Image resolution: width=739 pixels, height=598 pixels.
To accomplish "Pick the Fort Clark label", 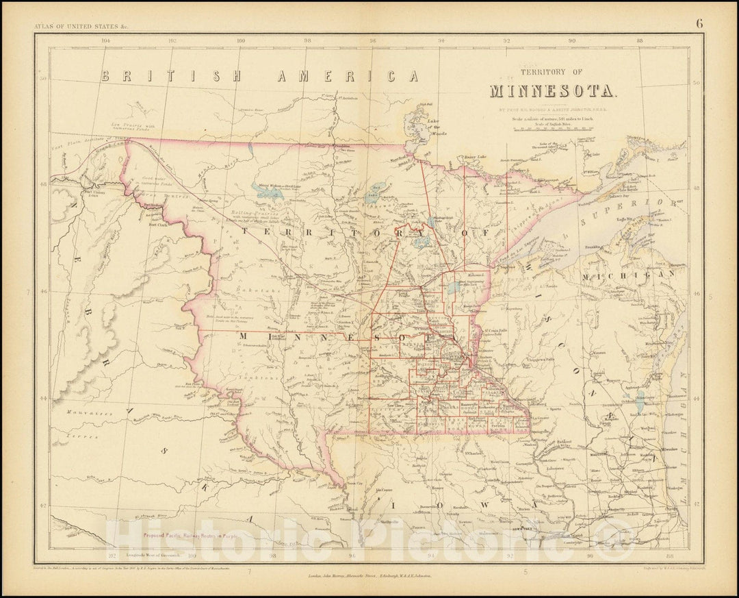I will [157, 223].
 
